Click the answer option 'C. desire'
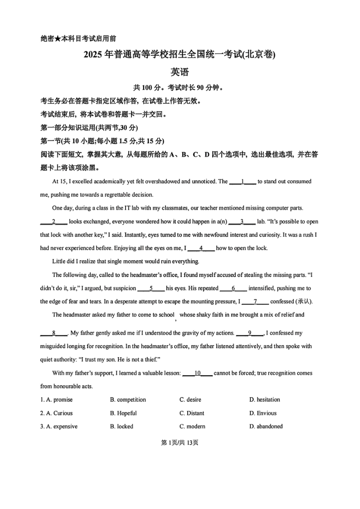pyautogui.click(x=190, y=400)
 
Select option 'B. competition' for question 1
pyautogui.click(x=128, y=400)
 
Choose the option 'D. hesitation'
pyautogui.click(x=264, y=400)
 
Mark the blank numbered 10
pyautogui.click(x=197, y=373)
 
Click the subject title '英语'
pyautogui.click(x=180, y=72)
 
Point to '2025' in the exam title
pyautogui.click(x=93, y=55)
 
